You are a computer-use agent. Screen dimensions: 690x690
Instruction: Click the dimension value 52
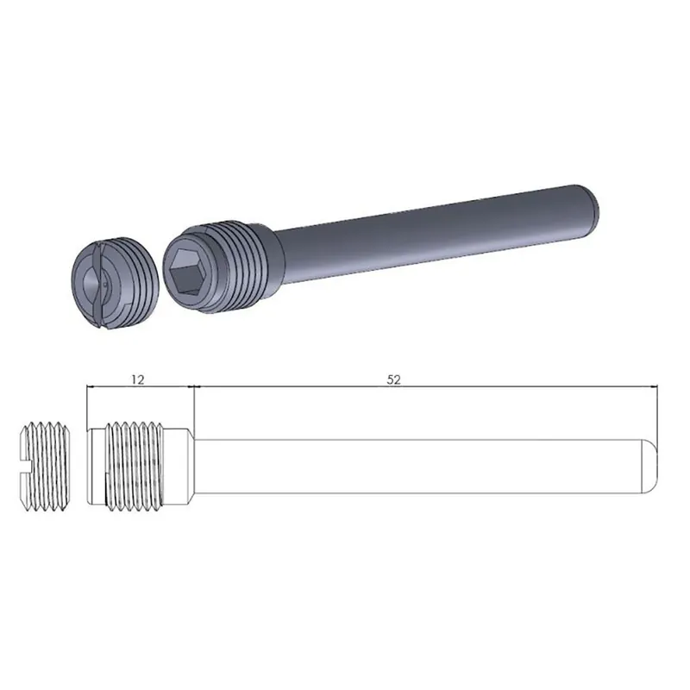(x=395, y=378)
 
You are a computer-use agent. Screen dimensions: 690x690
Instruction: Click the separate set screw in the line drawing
(x=43, y=467)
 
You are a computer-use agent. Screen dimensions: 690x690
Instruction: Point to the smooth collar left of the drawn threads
(x=95, y=466)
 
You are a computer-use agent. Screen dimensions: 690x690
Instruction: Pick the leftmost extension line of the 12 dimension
(x=87, y=405)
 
